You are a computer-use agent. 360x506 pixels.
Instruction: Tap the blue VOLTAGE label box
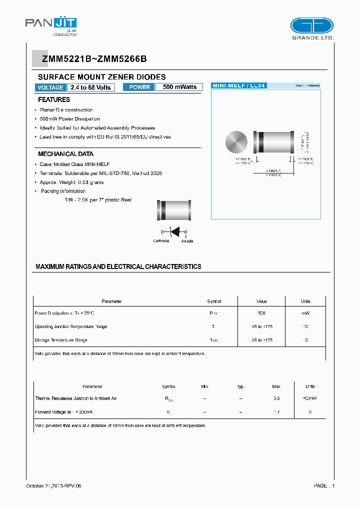[x=50, y=87]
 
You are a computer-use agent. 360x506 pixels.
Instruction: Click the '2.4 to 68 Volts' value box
[x=90, y=87]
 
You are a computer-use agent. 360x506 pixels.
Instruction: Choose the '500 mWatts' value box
[x=179, y=87]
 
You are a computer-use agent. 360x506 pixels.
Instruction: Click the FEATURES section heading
[x=54, y=100]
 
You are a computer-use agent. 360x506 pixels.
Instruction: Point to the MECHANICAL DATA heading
[x=65, y=154]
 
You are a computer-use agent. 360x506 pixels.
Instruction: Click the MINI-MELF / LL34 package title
[x=239, y=86]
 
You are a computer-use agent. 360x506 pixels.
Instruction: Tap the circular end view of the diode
[x=237, y=143]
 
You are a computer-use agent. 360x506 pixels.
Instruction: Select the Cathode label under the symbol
[x=161, y=241]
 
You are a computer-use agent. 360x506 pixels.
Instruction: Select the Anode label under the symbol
[x=187, y=241]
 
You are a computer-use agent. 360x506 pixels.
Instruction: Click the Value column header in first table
[x=261, y=301]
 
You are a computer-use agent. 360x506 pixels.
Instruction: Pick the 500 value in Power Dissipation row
[x=261, y=313]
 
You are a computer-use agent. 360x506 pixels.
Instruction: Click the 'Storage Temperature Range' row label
[x=60, y=340]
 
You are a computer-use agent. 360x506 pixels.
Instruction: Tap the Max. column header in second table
[x=276, y=386]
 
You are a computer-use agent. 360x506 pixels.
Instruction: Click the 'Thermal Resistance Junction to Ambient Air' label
[x=76, y=398]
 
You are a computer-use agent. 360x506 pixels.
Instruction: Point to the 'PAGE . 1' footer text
[x=324, y=485]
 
